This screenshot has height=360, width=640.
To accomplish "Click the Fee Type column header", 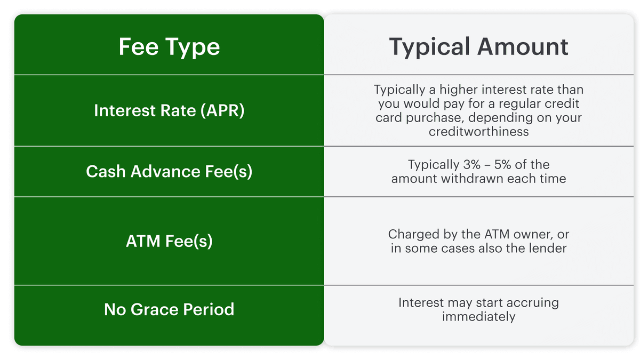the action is pyautogui.click(x=169, y=47).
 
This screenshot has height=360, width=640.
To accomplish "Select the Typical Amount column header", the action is pyautogui.click(x=478, y=47).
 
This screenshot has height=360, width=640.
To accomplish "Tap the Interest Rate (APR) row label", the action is pyautogui.click(x=169, y=110).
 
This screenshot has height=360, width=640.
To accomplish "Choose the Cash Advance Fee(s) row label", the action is pyautogui.click(x=169, y=171).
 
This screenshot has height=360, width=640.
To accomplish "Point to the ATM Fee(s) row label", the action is pyautogui.click(x=169, y=241).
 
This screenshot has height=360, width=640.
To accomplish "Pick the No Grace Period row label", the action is pyautogui.click(x=169, y=309).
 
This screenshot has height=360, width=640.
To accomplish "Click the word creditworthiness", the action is pyautogui.click(x=478, y=131).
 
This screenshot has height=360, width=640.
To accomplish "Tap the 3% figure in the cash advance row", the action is pyautogui.click(x=471, y=164).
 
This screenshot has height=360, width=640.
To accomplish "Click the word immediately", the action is pyautogui.click(x=478, y=317).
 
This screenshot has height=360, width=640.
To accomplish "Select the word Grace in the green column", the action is pyautogui.click(x=155, y=309).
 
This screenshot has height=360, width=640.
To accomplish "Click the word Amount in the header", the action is pyautogui.click(x=523, y=46).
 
